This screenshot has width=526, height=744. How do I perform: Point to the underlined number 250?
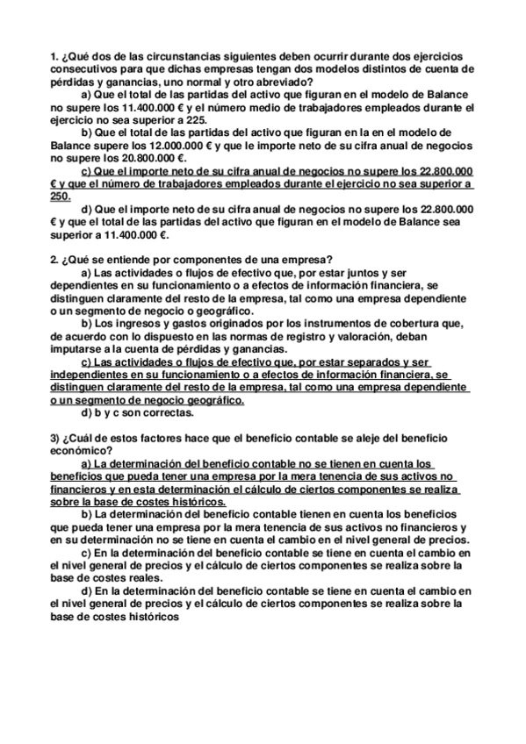[61, 197]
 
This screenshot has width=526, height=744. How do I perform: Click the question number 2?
[54, 260]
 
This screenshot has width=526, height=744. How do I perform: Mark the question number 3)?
[56, 436]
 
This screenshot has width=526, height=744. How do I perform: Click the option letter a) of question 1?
[87, 95]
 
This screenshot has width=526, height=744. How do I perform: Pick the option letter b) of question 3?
[87, 513]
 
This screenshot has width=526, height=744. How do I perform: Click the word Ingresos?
[139, 324]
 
